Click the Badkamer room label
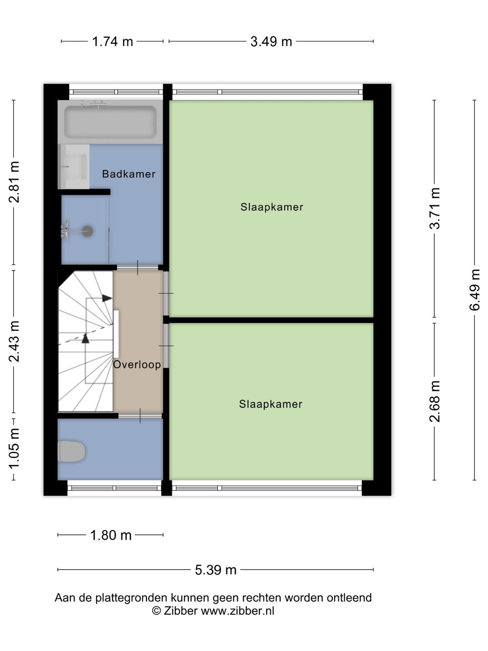(129, 174)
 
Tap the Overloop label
(137, 364)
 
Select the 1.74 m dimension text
(113, 42)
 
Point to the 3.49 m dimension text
(271, 42)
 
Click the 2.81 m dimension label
(14, 182)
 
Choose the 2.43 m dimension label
(14, 341)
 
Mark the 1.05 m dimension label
(14, 448)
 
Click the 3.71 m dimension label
(435, 208)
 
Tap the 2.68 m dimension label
(435, 401)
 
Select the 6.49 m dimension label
(474, 290)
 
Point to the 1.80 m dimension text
(111, 535)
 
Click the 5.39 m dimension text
(216, 570)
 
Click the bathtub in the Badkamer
(110, 122)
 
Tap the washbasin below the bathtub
(74, 166)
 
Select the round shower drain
(88, 231)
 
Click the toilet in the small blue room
(71, 451)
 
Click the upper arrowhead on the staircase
(107, 298)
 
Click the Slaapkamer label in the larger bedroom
(272, 207)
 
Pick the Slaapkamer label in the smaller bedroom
(271, 404)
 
